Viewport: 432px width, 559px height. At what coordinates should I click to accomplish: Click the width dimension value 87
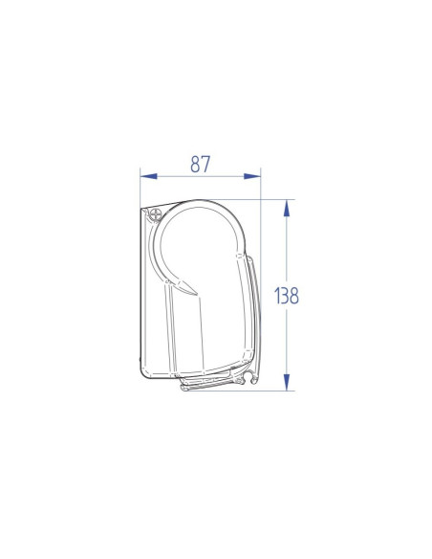click(x=200, y=164)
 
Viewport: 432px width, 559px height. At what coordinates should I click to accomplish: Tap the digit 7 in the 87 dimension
click(x=206, y=164)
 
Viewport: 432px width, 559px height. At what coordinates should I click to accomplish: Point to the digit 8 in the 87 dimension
click(x=194, y=164)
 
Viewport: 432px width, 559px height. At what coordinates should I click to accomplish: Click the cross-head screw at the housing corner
click(x=155, y=216)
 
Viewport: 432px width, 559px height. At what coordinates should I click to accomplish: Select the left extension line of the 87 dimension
click(x=140, y=187)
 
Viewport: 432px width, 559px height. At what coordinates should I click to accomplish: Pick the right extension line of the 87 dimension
click(x=262, y=187)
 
